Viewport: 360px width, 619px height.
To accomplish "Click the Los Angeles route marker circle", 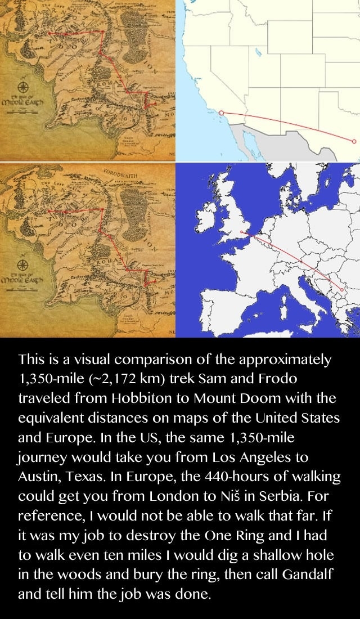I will click(221, 113).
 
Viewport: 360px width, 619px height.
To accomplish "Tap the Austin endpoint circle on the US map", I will click(354, 141).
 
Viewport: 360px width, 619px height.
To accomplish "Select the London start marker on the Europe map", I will click(241, 231).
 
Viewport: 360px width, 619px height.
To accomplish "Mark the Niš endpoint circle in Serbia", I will click(341, 289).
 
